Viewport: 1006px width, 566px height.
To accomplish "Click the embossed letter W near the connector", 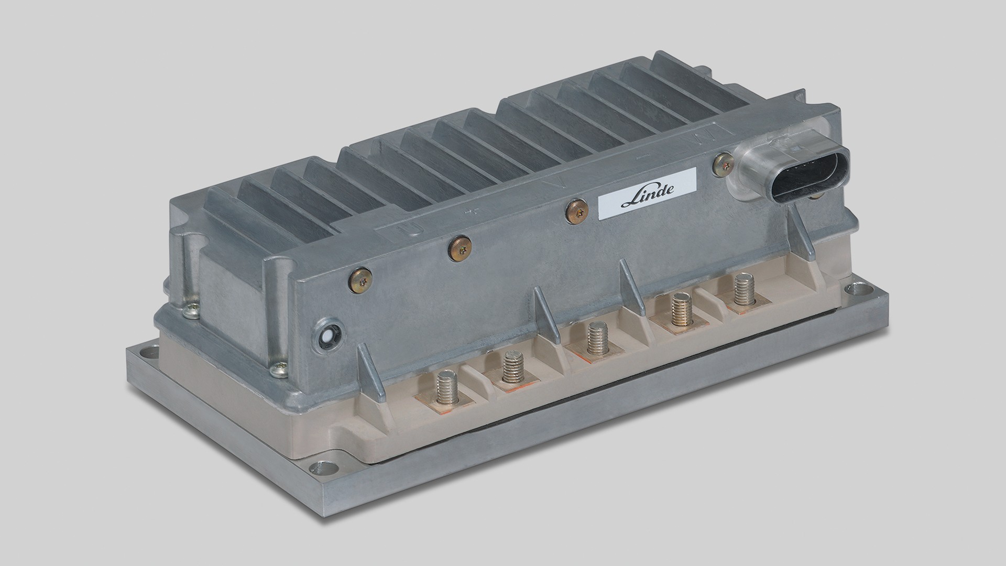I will point(701,137).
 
